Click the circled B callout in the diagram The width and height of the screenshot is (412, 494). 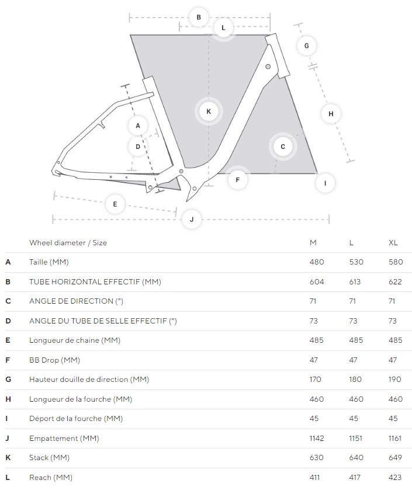tap(199, 18)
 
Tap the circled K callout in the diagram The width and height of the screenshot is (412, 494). tap(209, 112)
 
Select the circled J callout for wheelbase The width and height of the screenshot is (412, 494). tap(192, 220)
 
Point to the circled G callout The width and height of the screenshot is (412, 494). tap(306, 46)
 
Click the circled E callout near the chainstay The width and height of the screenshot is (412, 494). tap(115, 204)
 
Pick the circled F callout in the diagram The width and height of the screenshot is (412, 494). tap(238, 180)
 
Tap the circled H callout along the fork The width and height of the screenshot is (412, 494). tap(331, 114)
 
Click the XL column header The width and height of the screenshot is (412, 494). tap(393, 243)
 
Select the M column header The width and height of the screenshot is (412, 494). tap(313, 243)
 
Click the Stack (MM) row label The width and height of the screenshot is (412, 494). tap(49, 458)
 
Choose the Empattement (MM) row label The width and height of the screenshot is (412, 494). tap(64, 439)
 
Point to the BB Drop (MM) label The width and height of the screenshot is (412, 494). tap(54, 360)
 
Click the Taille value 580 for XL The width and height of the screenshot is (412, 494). tap(396, 262)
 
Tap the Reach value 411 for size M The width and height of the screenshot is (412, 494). tap(314, 478)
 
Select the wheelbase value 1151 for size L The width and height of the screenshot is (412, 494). tap(355, 439)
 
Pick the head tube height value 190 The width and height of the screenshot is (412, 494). tap(394, 380)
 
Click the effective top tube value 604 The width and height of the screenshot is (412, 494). tap(317, 281)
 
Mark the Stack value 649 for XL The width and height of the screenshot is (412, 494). tap(395, 458)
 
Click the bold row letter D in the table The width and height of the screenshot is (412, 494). tap(8, 321)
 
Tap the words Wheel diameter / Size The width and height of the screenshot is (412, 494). tap(68, 243)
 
